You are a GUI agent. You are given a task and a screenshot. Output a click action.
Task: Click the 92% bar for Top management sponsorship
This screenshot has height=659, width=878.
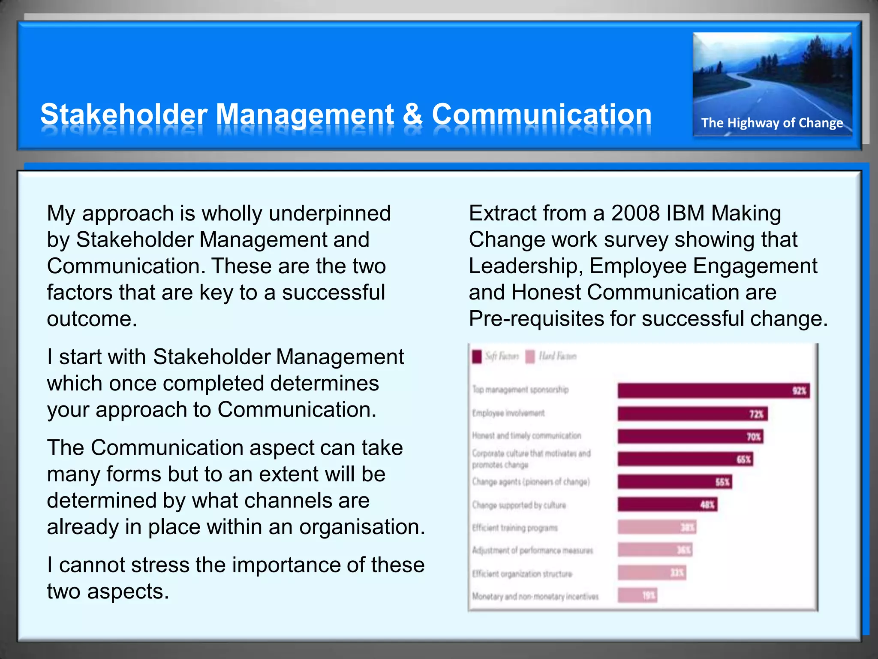coord(713,391)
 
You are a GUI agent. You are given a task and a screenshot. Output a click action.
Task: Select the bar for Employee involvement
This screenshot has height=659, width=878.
coord(692,414)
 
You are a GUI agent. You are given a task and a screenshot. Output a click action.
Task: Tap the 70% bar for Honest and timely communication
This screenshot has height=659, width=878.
coord(690,437)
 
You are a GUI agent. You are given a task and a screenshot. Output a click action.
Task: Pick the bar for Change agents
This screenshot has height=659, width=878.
coord(674,482)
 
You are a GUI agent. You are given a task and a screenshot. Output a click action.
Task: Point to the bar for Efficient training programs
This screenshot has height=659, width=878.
coord(656,527)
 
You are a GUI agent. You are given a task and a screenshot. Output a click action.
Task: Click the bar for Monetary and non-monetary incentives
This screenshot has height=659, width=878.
coord(637,595)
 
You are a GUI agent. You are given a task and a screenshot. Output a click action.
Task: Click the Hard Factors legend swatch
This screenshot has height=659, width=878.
coord(530,357)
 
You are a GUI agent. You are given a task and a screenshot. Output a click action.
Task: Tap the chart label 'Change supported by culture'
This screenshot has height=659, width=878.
coord(519,505)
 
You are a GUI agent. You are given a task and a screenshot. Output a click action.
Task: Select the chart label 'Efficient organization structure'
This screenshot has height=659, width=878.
coord(522,574)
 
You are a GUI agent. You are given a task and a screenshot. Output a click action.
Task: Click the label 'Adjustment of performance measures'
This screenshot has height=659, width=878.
coord(532,550)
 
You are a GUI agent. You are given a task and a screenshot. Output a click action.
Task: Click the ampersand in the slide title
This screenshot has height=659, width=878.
coord(412,115)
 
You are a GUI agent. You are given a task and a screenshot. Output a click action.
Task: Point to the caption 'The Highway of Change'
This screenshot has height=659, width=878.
coord(772,123)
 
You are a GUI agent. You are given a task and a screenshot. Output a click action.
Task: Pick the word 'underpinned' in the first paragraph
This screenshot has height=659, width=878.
coord(330,214)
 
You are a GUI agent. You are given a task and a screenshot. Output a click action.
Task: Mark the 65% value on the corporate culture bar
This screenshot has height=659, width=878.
coord(743,459)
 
